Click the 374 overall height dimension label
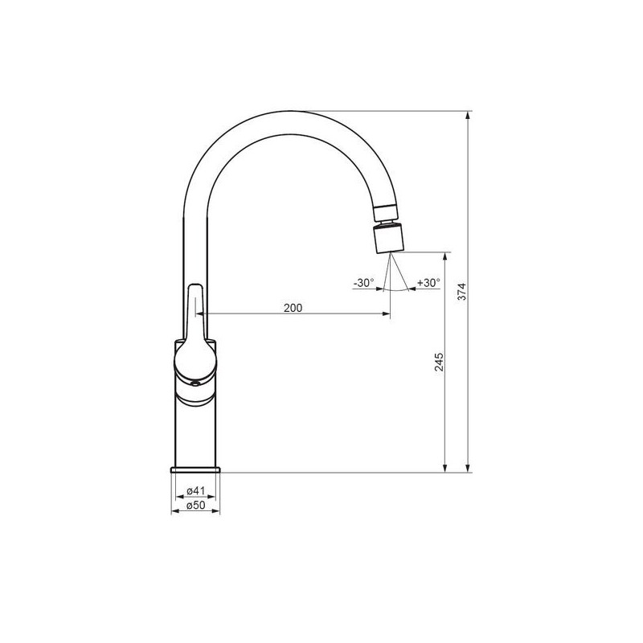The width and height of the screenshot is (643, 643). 462,292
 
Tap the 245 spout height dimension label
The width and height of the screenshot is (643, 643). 439,362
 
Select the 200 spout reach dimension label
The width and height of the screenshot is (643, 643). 293,308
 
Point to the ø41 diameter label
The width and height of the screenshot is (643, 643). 195,490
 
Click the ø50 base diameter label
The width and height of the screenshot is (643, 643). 195,506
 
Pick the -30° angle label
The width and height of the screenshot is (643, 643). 363,283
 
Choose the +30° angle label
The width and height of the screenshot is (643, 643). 428,283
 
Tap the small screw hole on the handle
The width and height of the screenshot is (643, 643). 195,383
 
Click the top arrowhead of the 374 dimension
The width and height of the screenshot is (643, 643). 469,115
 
